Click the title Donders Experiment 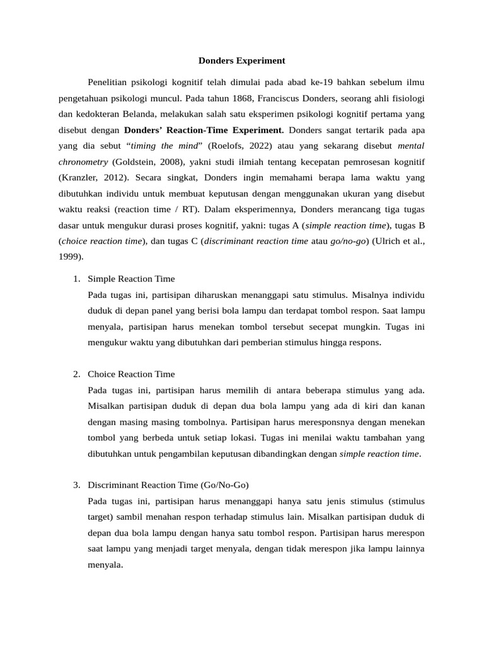click(x=242, y=61)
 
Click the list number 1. click(x=76, y=278)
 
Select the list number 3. click(x=76, y=485)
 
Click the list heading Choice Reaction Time click(x=131, y=374)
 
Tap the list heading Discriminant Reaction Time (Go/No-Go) click(x=168, y=485)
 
